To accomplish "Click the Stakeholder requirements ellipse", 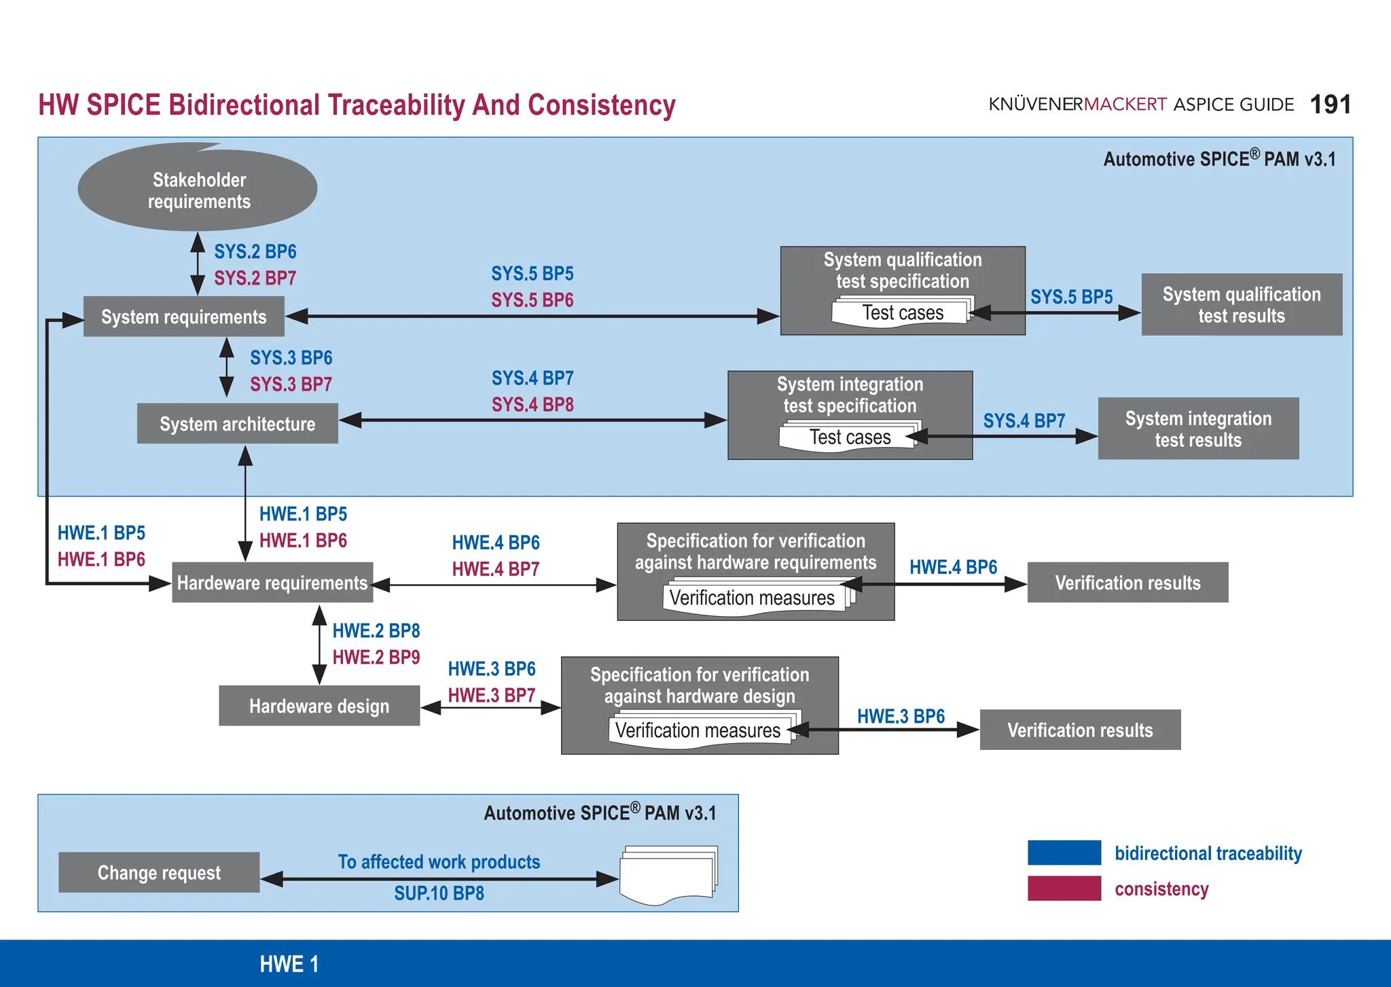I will click(198, 190).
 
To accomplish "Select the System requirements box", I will click(183, 317).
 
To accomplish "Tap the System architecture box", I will click(237, 424).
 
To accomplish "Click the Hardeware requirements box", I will click(272, 583).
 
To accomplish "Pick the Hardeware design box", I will click(319, 706).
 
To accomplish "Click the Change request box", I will click(159, 872).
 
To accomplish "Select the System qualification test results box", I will click(1242, 304).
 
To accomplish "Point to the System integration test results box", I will click(1198, 429).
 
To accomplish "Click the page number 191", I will click(1330, 105).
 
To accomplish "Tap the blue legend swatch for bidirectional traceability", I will click(1064, 853).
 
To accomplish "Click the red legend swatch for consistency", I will click(1064, 889).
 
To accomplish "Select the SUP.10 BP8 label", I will click(439, 893).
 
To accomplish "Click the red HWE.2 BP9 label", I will click(376, 658).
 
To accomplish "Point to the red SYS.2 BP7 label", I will click(255, 278).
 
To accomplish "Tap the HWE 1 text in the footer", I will click(289, 964).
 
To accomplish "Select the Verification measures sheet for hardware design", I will click(698, 731).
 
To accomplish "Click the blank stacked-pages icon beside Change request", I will click(668, 875).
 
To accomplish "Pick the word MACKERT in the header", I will click(1125, 105).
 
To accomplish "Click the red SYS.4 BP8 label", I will click(532, 405).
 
